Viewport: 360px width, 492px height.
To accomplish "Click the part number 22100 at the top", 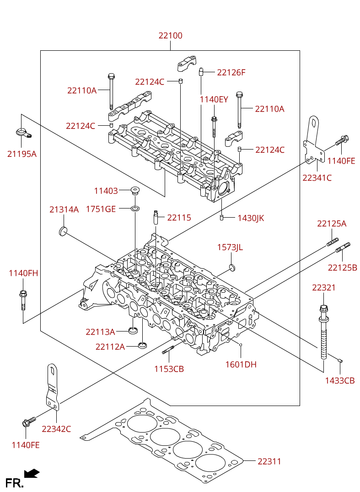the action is click(x=170, y=36).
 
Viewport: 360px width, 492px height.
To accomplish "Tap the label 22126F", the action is click(x=231, y=73).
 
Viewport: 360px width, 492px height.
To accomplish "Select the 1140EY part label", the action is click(x=214, y=100).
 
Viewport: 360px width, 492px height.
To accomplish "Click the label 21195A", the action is click(x=22, y=154).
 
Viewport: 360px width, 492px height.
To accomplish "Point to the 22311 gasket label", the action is click(x=269, y=461).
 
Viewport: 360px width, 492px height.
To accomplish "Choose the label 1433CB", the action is click(x=339, y=380).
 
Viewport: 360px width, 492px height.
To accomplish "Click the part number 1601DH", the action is click(x=241, y=364).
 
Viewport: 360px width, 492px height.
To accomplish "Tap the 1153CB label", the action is click(x=169, y=369).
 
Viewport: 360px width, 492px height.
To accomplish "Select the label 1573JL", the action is click(x=230, y=247).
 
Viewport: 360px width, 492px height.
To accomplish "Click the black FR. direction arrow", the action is click(x=32, y=474).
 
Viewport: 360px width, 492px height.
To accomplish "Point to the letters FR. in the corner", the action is click(x=15, y=482).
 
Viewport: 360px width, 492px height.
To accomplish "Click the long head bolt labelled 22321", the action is click(x=323, y=332).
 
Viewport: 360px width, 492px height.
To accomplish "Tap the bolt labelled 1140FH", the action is click(x=23, y=300).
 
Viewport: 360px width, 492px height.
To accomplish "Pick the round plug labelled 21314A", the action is click(x=63, y=231).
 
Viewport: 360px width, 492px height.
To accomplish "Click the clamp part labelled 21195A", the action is click(x=23, y=133).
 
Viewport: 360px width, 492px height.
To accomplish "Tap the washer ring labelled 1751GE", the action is click(x=135, y=209).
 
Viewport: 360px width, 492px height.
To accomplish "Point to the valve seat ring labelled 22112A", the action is click(x=143, y=346).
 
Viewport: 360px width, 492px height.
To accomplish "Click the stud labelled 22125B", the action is click(x=343, y=247).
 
